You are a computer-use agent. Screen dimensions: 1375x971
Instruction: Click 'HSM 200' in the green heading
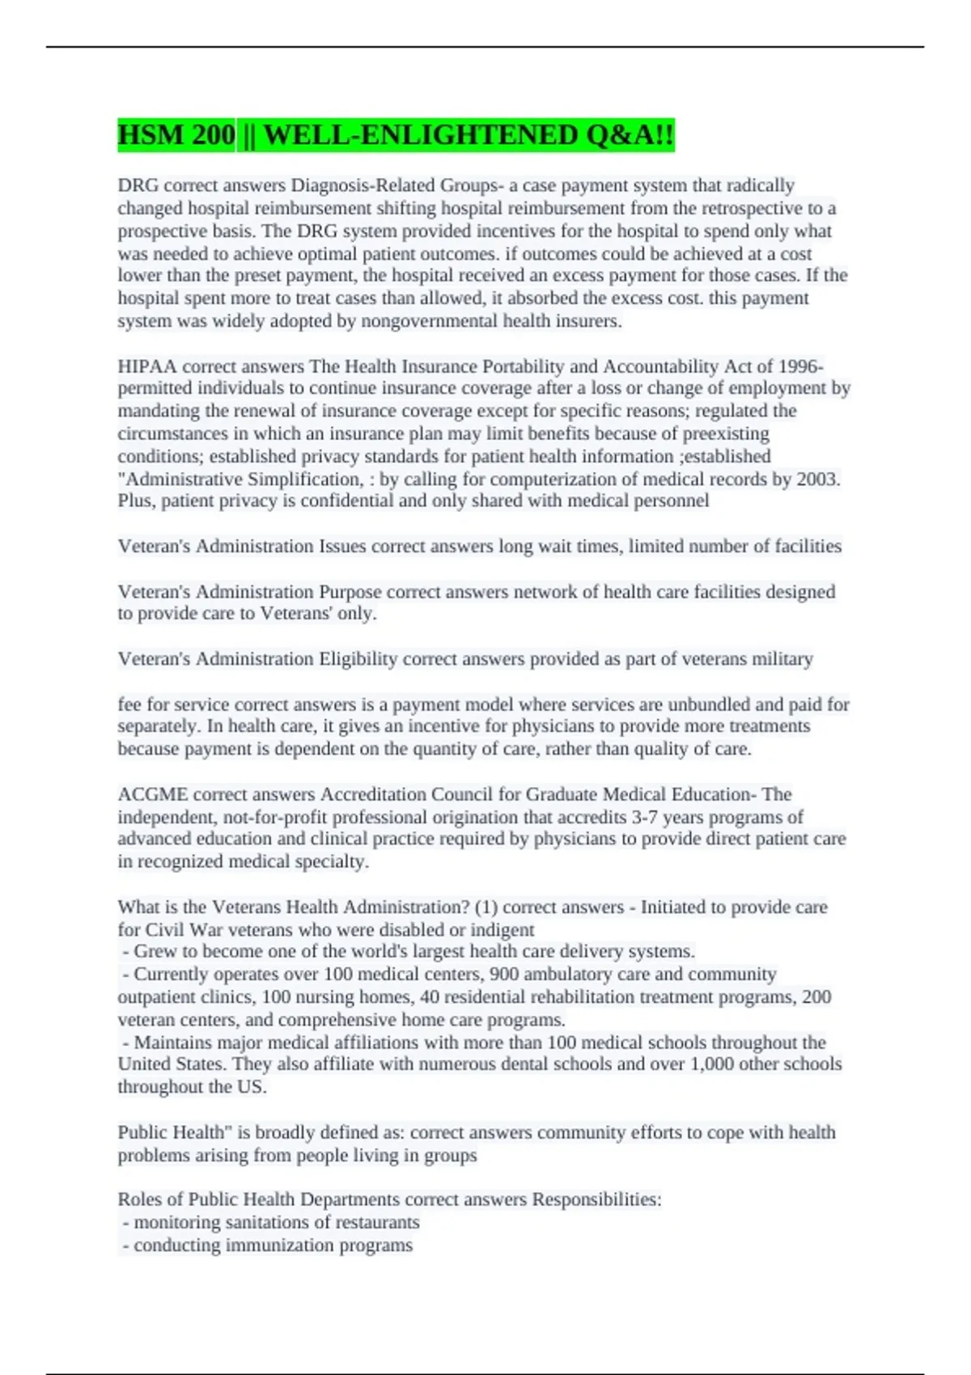click(176, 135)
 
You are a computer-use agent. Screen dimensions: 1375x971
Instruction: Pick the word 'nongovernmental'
click(429, 321)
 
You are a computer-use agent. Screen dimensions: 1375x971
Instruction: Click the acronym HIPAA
click(146, 366)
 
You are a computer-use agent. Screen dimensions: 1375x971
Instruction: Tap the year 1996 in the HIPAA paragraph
click(799, 366)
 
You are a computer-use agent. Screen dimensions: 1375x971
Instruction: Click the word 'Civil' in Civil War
click(165, 929)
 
